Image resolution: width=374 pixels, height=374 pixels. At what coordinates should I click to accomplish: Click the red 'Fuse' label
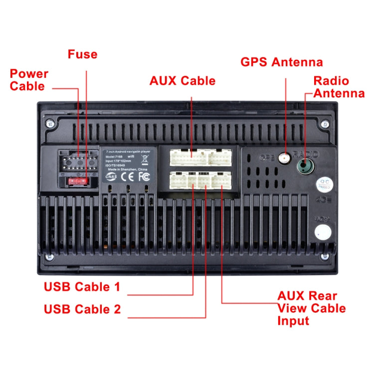[x=82, y=54]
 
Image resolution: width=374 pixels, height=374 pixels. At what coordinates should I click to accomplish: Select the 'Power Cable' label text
[x=29, y=80]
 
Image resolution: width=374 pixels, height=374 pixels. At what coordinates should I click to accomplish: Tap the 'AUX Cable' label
[x=183, y=81]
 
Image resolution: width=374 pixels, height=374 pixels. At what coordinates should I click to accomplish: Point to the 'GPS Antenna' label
[x=282, y=62]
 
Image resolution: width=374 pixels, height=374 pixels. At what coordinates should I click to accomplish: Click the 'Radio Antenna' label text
[x=339, y=87]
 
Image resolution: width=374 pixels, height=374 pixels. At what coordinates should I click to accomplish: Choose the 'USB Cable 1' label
[x=82, y=287]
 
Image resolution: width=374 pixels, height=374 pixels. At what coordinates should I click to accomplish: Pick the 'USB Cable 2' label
[x=82, y=309]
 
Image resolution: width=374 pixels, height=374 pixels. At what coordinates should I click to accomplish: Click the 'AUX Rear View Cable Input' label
[x=311, y=308]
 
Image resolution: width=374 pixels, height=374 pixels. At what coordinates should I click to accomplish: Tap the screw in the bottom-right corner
[x=325, y=257]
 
